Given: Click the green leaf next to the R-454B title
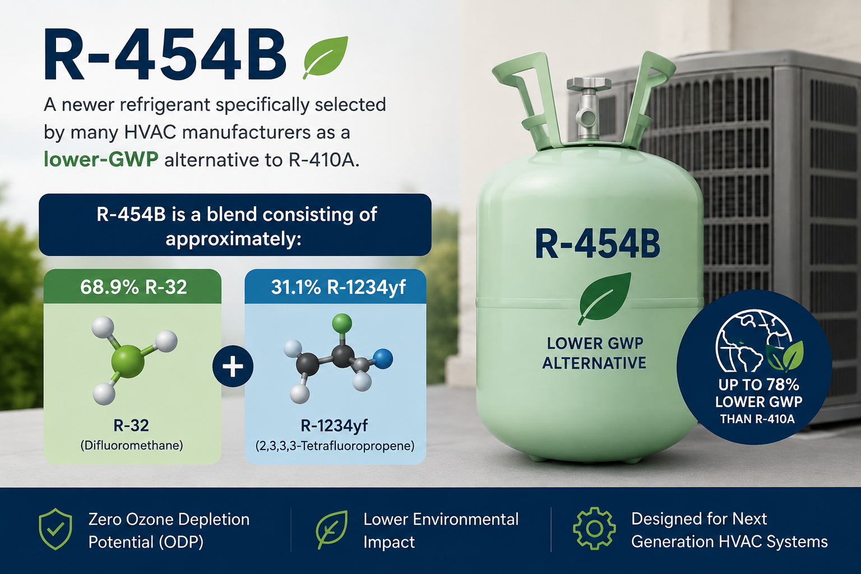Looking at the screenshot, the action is (x=326, y=57).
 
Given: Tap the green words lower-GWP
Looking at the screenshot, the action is (x=101, y=159).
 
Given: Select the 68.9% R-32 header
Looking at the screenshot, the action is (x=133, y=287).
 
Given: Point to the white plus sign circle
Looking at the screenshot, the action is (x=233, y=367).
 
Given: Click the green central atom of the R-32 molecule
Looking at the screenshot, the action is (x=128, y=362).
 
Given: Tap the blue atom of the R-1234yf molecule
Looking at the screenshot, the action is (x=383, y=359).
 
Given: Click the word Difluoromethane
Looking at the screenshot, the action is (x=132, y=446).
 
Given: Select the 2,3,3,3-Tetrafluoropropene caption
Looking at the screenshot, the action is (x=335, y=446).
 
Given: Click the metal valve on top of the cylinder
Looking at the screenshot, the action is (x=589, y=109).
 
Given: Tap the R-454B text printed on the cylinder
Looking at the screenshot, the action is (x=598, y=244).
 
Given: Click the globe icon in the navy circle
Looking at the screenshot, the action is (x=753, y=341).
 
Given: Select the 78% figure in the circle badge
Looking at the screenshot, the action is (x=781, y=385).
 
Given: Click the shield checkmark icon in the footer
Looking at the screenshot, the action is (x=55, y=529).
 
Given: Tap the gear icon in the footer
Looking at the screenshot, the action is (x=594, y=529).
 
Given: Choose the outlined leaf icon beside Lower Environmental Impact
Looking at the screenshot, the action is (x=332, y=529).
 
